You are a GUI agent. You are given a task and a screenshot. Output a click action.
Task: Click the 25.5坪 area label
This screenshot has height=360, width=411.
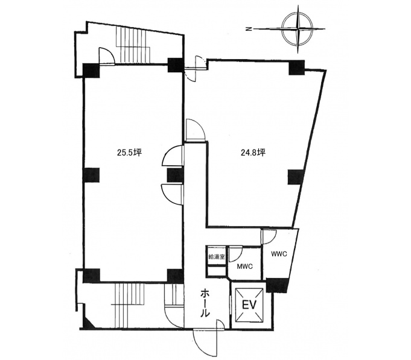tap(129, 152)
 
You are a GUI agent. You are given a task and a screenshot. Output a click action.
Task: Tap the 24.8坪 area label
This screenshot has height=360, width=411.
tap(253, 152)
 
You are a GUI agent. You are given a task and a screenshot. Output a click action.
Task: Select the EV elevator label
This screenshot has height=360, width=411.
tap(249, 305)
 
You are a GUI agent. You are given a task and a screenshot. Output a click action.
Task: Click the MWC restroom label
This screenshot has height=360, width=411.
tap(244, 267)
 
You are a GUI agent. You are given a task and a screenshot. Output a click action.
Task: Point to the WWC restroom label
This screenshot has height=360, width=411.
tap(279, 254)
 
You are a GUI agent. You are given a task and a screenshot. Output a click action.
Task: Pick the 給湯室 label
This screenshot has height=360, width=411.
tap(217, 256)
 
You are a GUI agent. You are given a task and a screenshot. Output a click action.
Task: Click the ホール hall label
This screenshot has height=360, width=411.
tap(205, 304)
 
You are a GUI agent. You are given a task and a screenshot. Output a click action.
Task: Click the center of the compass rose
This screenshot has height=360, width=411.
tap(298, 28)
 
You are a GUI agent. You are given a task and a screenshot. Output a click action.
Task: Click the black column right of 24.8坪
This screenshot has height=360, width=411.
tap(296, 177)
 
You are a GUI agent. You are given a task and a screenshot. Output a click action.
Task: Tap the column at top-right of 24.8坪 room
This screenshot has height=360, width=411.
tap(297, 68)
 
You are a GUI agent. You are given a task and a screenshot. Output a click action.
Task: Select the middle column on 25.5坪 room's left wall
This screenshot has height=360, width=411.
tap(91, 175)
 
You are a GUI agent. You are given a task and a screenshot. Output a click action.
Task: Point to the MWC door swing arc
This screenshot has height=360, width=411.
tap(235, 254)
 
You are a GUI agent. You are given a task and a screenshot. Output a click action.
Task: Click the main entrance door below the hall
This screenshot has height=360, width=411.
tap(207, 340)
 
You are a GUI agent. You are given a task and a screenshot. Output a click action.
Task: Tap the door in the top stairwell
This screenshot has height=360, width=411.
tap(107, 55)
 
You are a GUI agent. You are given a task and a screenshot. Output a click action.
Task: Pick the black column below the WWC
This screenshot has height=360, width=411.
tap(276, 285)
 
